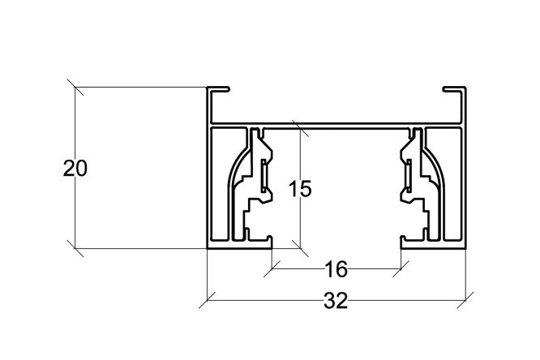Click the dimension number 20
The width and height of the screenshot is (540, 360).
(75, 169)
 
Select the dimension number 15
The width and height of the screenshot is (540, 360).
(300, 189)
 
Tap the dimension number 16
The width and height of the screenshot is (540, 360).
(336, 269)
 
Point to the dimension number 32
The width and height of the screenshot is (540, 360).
(336, 301)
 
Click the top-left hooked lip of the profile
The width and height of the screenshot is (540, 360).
(218, 89)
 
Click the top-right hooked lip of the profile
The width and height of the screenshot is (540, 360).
(454, 89)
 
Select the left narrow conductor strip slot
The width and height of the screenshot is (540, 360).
(264, 176)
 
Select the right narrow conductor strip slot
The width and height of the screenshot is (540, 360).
(409, 176)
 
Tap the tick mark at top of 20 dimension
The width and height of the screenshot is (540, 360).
(75, 87)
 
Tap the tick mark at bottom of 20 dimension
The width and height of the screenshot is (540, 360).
(75, 248)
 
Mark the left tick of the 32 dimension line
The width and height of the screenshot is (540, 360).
(207, 300)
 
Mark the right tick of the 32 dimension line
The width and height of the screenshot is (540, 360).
(465, 300)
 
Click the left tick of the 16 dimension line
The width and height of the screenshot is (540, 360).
(272, 268)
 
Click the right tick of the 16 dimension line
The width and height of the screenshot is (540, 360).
(401, 268)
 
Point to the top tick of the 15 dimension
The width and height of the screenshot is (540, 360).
(300, 129)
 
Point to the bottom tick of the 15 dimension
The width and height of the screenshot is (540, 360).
(300, 248)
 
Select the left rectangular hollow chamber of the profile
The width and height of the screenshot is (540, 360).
(220, 183)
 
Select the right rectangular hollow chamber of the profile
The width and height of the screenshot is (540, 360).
(453, 183)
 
